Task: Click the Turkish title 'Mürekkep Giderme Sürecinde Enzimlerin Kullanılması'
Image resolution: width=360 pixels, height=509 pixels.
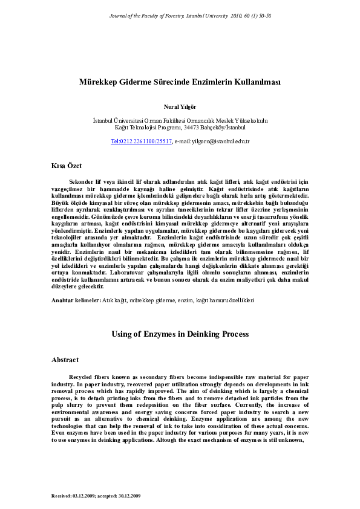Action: (180, 82)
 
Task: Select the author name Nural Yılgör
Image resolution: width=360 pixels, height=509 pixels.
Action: (180, 106)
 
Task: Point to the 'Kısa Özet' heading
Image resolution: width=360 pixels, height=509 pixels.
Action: (67, 165)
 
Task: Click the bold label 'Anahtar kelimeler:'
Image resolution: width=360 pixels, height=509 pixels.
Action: (76, 300)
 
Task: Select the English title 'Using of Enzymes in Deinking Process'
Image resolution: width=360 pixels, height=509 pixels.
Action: (180, 334)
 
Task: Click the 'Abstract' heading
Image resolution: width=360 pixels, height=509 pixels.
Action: (65, 360)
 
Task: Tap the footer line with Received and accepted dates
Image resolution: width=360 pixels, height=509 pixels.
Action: (96, 495)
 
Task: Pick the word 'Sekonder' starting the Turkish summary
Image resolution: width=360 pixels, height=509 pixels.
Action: (82, 181)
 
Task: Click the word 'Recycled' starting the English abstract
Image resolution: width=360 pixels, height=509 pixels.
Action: (82, 377)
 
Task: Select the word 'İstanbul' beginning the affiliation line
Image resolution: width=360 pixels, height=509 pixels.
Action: (103, 121)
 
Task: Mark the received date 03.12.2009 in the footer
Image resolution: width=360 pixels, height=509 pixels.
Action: (85, 495)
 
